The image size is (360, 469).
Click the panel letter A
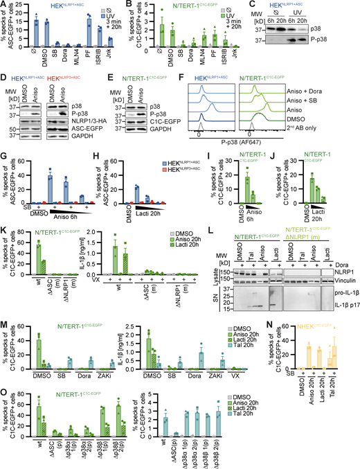point(4,6)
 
